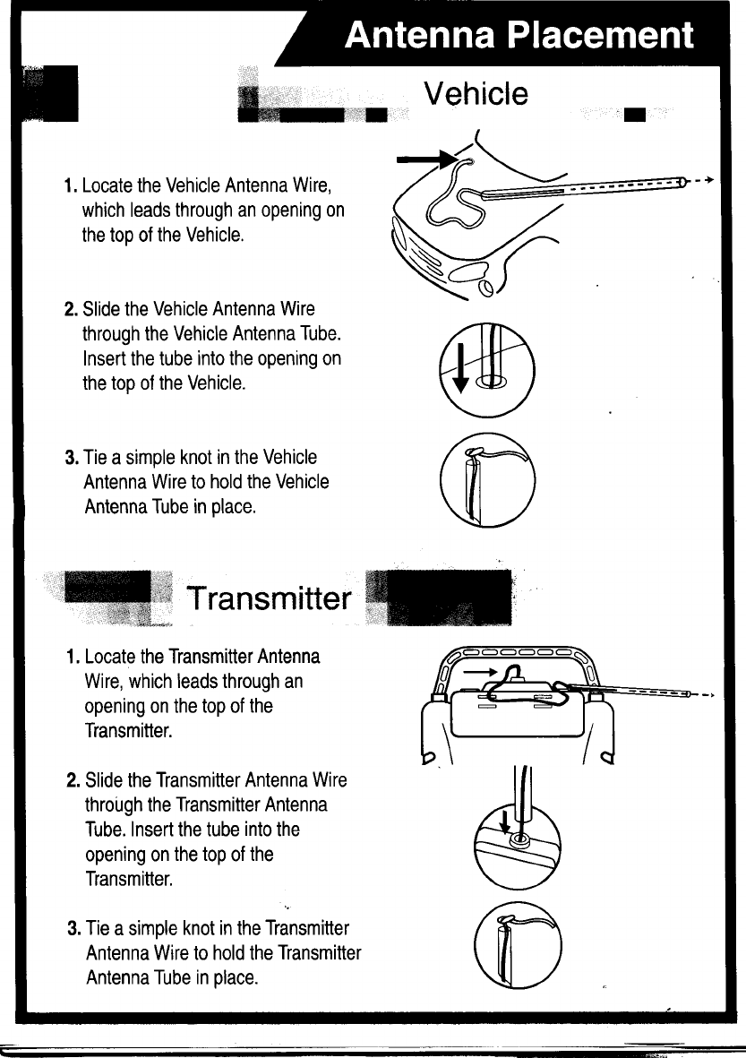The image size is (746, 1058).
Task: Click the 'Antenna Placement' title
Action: (x=519, y=35)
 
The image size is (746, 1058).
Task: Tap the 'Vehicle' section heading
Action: (x=476, y=93)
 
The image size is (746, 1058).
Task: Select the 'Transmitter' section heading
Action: (x=267, y=598)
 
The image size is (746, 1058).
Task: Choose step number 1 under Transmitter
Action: (x=73, y=658)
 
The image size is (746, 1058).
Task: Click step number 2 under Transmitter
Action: (x=73, y=780)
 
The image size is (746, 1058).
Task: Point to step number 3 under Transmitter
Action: (x=74, y=927)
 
